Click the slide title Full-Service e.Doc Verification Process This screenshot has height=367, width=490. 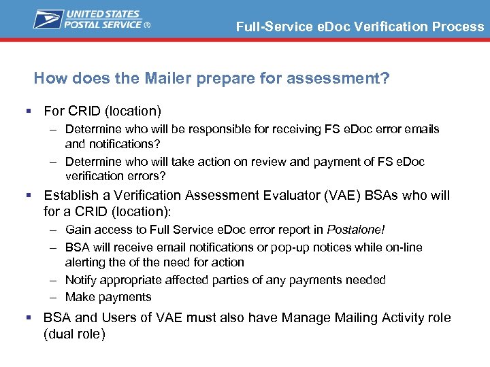(x=360, y=27)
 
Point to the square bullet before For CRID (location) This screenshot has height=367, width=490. (x=28, y=110)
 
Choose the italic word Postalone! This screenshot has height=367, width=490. (x=355, y=230)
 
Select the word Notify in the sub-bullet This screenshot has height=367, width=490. (x=81, y=280)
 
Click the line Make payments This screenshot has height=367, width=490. (x=108, y=297)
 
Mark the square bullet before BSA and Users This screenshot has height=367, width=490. (x=28, y=318)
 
